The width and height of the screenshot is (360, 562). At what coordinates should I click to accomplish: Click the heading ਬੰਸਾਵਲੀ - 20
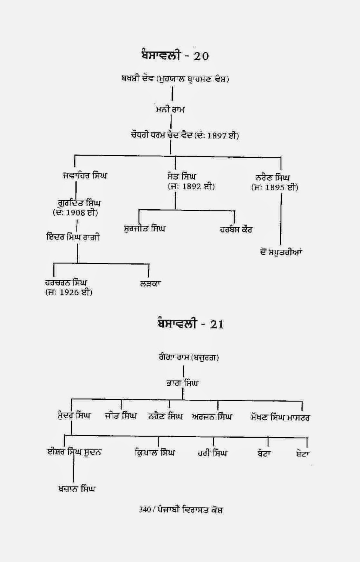click(174, 55)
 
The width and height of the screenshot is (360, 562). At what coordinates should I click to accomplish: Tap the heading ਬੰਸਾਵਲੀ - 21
click(191, 324)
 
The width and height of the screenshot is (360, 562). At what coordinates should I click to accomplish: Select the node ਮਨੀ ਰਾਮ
click(170, 110)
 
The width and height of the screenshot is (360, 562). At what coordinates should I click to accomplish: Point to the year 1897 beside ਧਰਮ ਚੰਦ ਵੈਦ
click(217, 136)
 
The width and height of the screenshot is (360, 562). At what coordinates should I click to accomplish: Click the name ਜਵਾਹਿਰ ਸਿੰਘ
click(85, 175)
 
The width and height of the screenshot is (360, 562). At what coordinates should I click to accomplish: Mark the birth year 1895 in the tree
click(275, 188)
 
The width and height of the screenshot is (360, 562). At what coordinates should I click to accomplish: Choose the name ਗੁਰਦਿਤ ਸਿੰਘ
click(79, 203)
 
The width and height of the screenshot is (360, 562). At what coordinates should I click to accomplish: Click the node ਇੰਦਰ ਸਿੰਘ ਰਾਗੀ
click(73, 237)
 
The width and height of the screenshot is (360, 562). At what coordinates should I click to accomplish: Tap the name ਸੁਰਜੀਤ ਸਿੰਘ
click(144, 229)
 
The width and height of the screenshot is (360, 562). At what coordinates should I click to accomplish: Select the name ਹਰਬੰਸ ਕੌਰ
click(236, 230)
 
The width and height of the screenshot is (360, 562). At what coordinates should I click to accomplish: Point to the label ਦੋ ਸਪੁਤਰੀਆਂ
click(281, 252)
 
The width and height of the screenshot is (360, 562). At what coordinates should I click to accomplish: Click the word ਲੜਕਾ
click(150, 283)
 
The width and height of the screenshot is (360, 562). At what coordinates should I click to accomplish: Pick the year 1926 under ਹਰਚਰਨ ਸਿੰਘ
click(69, 293)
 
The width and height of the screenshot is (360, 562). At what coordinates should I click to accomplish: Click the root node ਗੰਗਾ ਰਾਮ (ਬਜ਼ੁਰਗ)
click(188, 358)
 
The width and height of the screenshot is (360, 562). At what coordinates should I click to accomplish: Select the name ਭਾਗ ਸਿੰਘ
click(182, 383)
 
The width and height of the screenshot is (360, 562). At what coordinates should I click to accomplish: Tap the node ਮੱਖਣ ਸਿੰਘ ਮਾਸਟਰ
click(280, 418)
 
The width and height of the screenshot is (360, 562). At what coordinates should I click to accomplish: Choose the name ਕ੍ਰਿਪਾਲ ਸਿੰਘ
click(155, 452)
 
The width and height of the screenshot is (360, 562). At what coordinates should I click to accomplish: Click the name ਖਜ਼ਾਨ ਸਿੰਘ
click(77, 489)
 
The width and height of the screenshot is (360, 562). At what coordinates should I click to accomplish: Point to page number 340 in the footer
click(145, 510)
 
